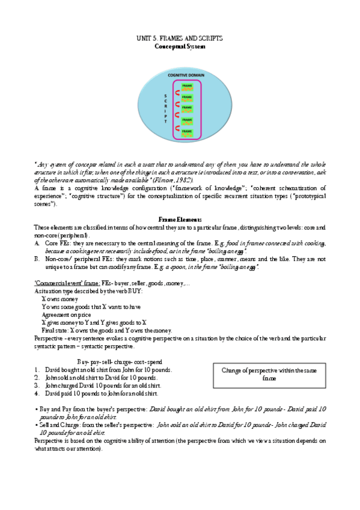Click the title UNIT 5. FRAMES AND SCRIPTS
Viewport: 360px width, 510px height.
pyautogui.click(x=180, y=38)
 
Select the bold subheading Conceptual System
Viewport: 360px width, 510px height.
pyautogui.click(x=180, y=46)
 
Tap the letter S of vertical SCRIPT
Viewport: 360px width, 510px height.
pyautogui.click(x=165, y=96)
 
